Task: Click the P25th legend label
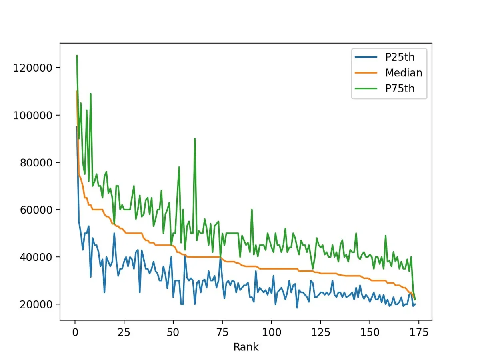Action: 400,57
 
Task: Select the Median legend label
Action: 403,73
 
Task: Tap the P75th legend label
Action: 400,89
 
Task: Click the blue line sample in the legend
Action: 366,57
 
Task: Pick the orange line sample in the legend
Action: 366,73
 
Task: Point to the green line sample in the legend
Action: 366,89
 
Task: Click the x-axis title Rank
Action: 246,347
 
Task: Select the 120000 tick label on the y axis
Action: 33,68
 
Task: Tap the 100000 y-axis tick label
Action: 33,115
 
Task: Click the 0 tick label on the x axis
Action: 75,332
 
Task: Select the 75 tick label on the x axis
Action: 222,332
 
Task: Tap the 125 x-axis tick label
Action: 320,332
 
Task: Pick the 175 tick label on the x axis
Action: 419,332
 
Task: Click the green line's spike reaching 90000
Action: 195,139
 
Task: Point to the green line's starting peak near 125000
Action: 77,56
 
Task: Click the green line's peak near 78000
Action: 179,167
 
